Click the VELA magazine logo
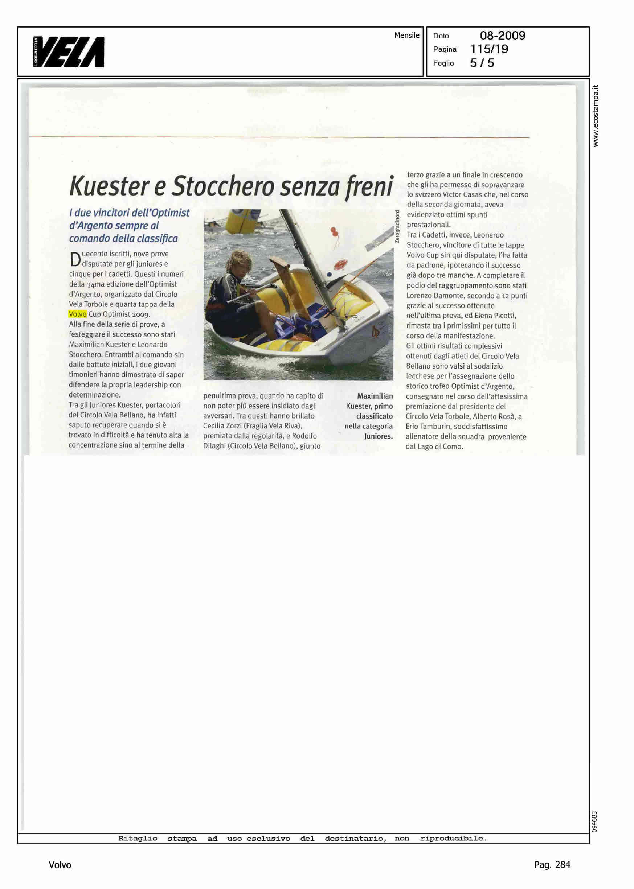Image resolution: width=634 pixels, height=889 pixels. tap(69, 52)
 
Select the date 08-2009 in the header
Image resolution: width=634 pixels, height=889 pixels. tap(502, 36)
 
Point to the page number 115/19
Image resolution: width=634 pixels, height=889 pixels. tap(489, 49)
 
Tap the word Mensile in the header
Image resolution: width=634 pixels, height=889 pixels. tap(406, 35)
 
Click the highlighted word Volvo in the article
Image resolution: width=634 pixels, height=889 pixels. tap(77, 314)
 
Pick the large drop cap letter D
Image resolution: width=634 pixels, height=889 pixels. tap(75, 259)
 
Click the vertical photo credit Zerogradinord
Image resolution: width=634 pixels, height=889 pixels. tap(397, 227)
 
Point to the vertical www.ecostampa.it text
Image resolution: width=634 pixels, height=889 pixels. tap(596, 115)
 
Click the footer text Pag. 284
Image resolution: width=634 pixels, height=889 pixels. tap(552, 865)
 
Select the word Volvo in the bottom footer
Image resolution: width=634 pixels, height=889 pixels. tap(60, 865)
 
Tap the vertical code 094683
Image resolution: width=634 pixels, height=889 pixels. tap(594, 822)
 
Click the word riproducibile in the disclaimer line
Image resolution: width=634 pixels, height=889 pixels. tap(453, 838)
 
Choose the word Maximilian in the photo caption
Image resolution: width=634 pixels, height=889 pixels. tap(375, 396)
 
